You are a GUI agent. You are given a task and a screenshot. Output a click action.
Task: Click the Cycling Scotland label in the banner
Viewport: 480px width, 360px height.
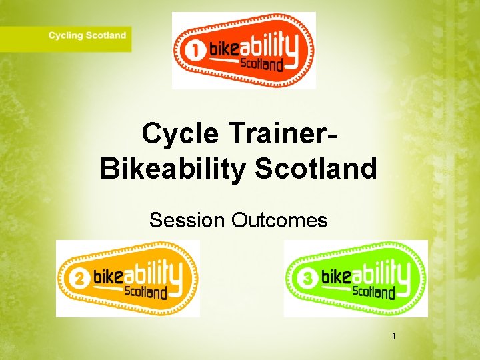coord(87,35)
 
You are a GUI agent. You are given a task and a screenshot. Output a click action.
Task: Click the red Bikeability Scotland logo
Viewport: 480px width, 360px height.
coord(243,51)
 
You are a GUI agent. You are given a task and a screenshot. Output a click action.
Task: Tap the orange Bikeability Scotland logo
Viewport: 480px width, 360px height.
coord(127,279)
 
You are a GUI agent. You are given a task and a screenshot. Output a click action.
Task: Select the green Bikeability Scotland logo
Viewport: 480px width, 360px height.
coord(355,279)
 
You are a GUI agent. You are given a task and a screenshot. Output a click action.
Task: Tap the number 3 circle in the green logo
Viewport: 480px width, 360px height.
coord(308,280)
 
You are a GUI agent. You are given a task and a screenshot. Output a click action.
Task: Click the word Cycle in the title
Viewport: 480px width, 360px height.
coord(180,134)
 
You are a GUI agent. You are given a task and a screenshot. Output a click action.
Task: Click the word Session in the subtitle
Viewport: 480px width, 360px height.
coord(187,220)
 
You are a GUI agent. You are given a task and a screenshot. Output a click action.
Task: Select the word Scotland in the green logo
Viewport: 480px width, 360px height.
coord(373,292)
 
